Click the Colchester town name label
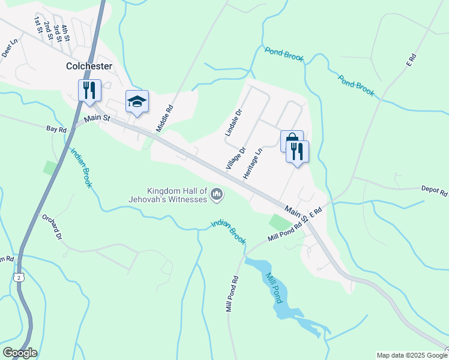pyautogui.click(x=89, y=66)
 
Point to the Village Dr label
pyautogui.click(x=236, y=158)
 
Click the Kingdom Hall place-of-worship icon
pyautogui.click(x=217, y=194)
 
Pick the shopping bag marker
pyautogui.click(x=292, y=140)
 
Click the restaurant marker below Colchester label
pyautogui.click(x=89, y=91)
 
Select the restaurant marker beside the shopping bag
pyautogui.click(x=298, y=151)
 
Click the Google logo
pyautogui.click(x=20, y=353)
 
